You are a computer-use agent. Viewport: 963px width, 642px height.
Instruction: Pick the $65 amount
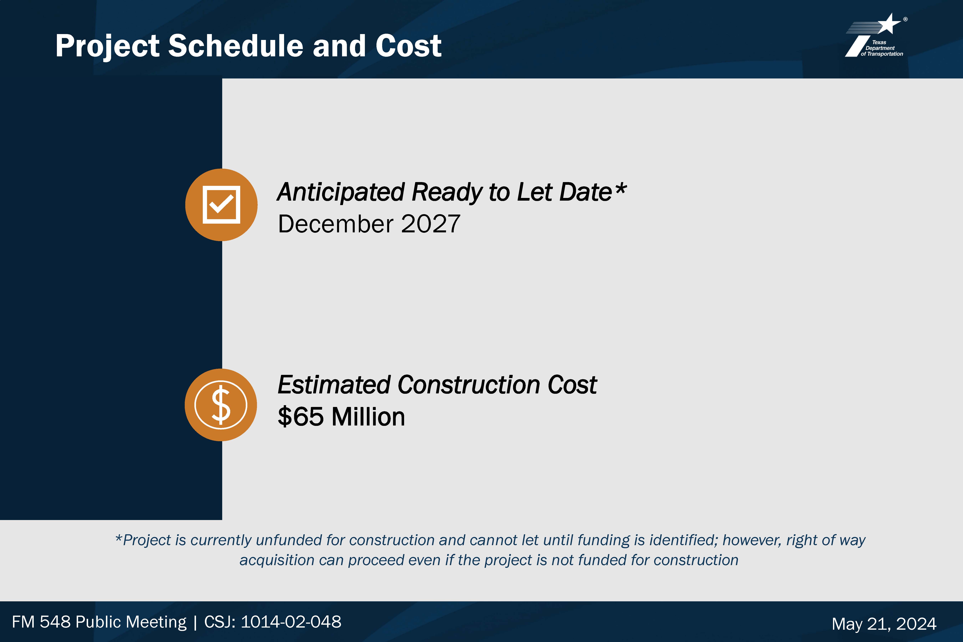point(301,417)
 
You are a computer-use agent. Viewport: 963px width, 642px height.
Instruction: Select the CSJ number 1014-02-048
point(291,621)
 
